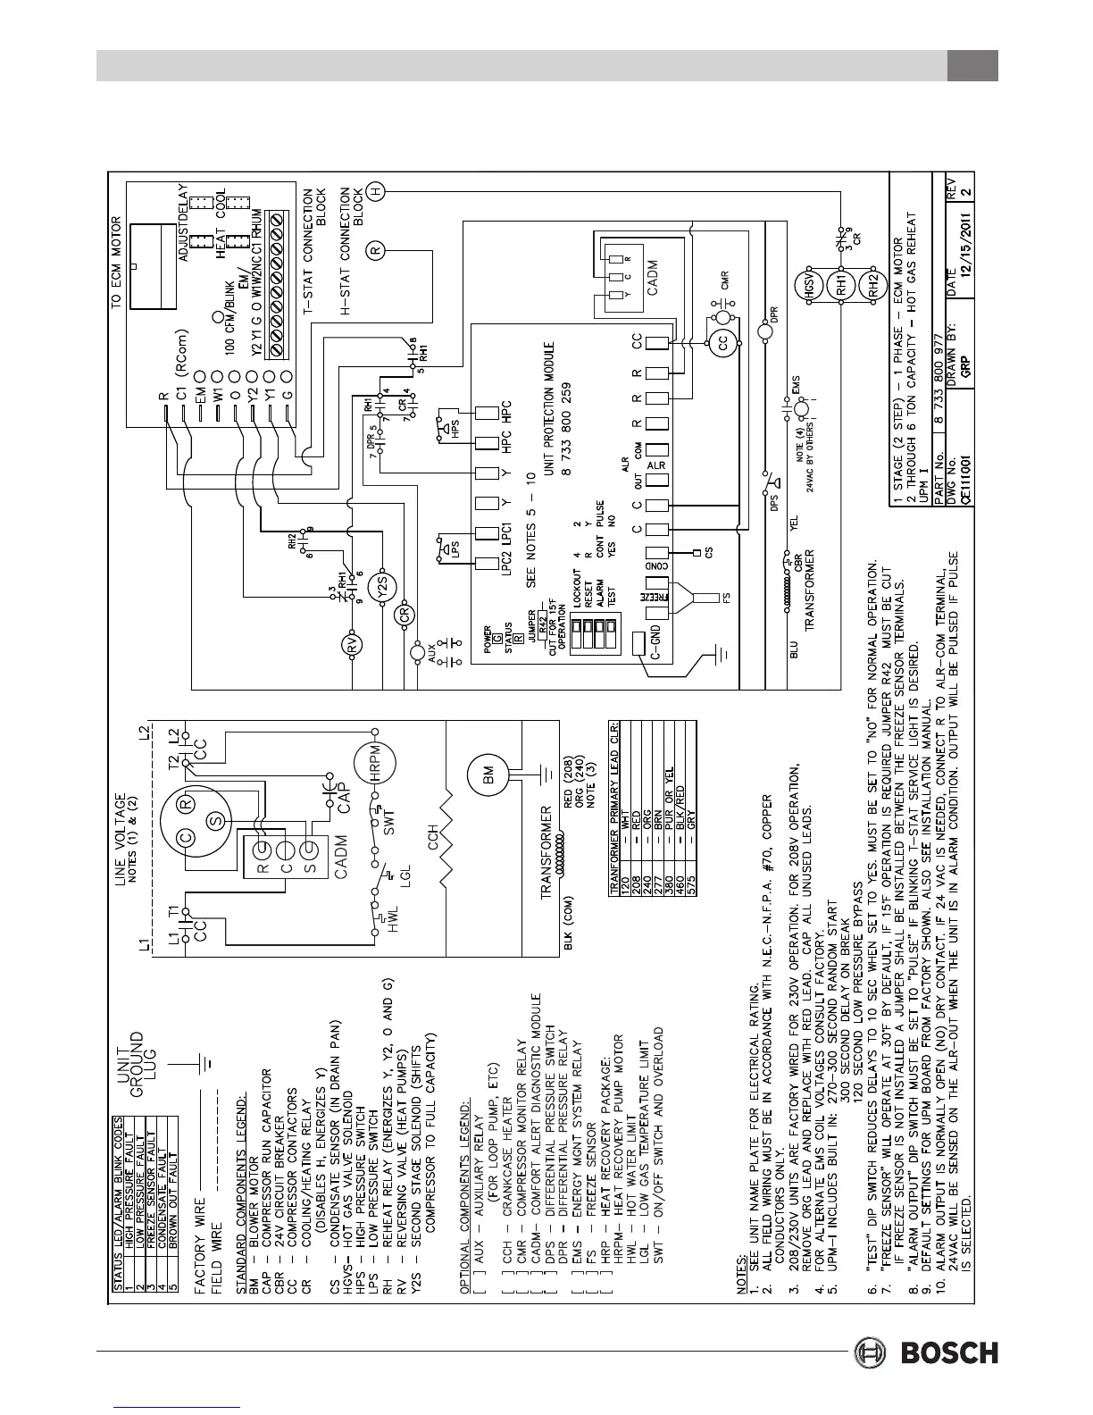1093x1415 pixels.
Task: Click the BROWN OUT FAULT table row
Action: tap(172, 1147)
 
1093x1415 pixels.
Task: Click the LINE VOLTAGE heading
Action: tap(120, 901)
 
